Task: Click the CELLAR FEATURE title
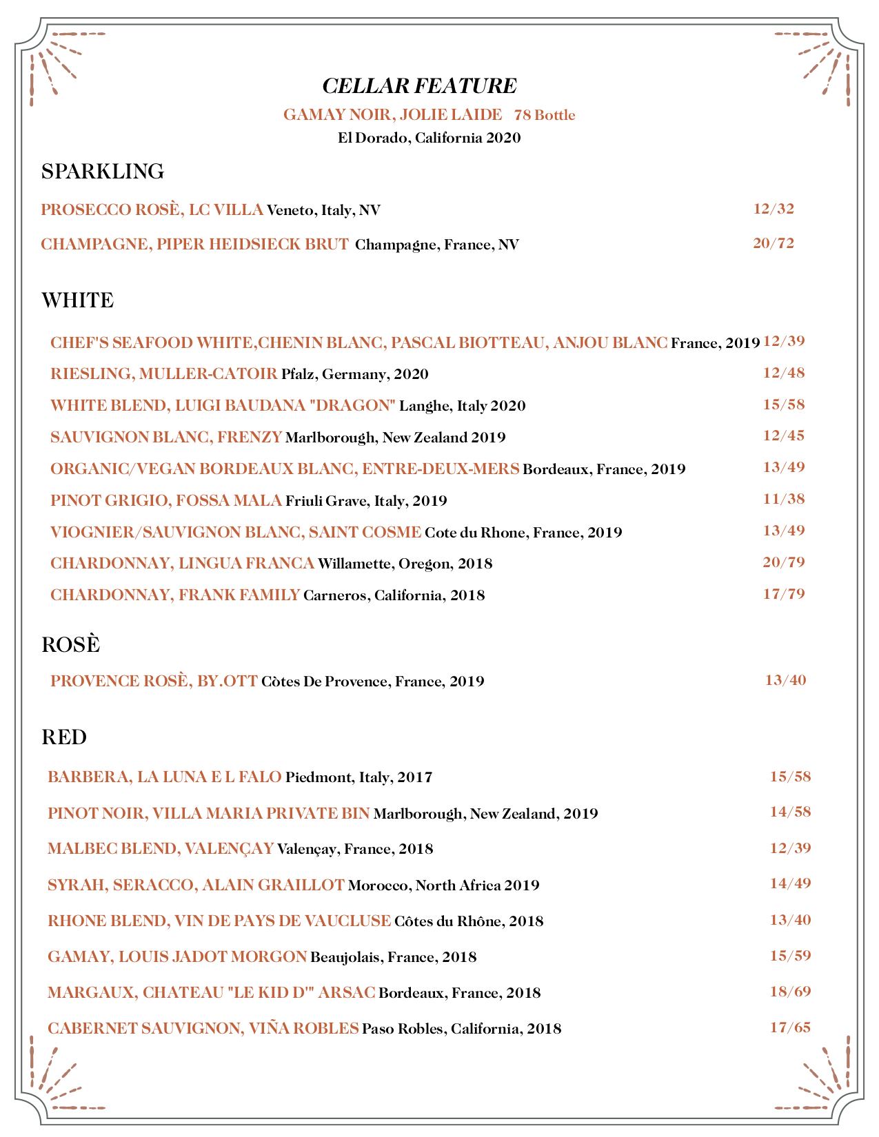(419, 86)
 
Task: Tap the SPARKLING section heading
(103, 171)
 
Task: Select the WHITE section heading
(77, 300)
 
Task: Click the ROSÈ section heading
(70, 644)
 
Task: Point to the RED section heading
(64, 737)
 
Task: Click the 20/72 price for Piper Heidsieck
(773, 243)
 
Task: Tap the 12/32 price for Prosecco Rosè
(774, 209)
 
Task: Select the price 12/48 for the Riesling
(784, 373)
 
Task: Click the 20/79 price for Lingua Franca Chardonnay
(784, 562)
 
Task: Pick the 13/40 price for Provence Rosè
(785, 680)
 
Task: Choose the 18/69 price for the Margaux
(790, 992)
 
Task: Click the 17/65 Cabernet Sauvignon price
(790, 1027)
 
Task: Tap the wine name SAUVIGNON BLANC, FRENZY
(166, 437)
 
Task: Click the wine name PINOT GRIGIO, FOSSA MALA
(166, 500)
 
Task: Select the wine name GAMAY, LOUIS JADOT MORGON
(177, 956)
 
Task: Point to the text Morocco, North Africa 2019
(443, 885)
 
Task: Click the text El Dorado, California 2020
(429, 138)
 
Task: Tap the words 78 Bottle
(545, 115)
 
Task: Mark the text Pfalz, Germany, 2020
(354, 374)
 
